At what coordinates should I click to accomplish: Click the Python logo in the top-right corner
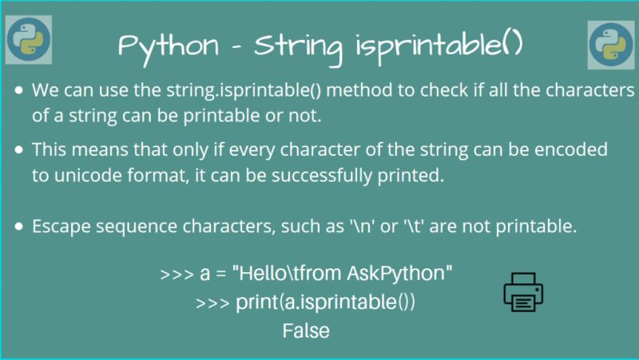pos(610,45)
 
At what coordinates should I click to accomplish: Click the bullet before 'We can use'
pos(19,90)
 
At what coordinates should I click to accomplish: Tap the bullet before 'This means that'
pos(19,150)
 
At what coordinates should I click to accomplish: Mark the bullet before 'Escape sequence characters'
pos(19,227)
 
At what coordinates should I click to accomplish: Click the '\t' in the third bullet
pos(404,227)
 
